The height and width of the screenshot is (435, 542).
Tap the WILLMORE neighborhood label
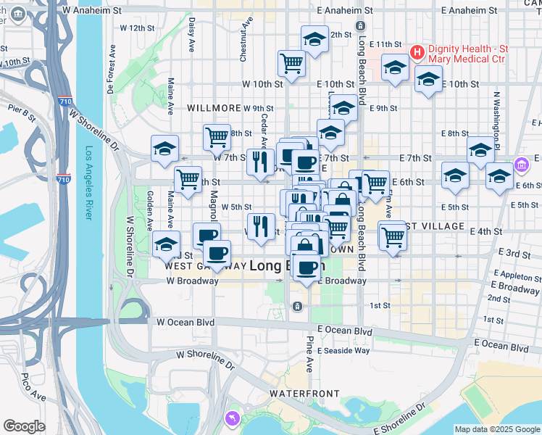pos(213,107)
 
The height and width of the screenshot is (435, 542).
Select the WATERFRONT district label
pos(304,393)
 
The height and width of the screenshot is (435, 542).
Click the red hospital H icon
pos(417,52)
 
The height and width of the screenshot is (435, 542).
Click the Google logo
pos(25,426)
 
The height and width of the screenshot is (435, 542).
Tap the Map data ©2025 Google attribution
pos(497,429)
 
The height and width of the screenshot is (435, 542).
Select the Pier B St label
pos(22,110)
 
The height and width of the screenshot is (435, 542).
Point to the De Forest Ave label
pos(110,70)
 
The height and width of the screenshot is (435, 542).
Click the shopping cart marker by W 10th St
pos(291,62)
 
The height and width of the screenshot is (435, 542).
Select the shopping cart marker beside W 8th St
pos(217,136)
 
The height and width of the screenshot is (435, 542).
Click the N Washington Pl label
pos(498,115)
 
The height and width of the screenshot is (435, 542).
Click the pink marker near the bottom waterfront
pos(233,418)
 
